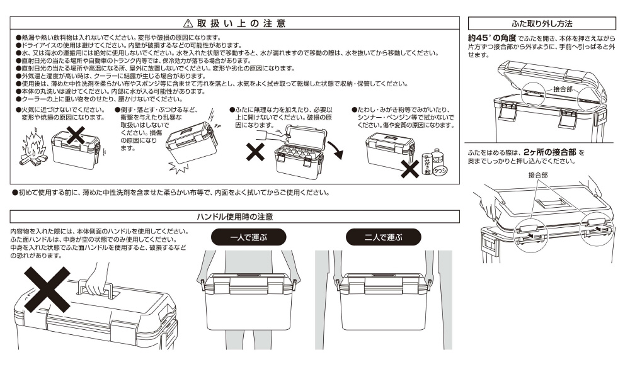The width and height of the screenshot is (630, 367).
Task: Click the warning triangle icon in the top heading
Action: (187, 23)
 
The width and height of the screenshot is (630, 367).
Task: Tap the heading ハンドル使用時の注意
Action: (234, 217)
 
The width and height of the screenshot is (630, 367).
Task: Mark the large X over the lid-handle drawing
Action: (47, 288)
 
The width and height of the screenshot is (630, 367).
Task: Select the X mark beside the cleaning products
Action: (410, 167)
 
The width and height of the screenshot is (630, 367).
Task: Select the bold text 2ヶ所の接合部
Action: (549, 152)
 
